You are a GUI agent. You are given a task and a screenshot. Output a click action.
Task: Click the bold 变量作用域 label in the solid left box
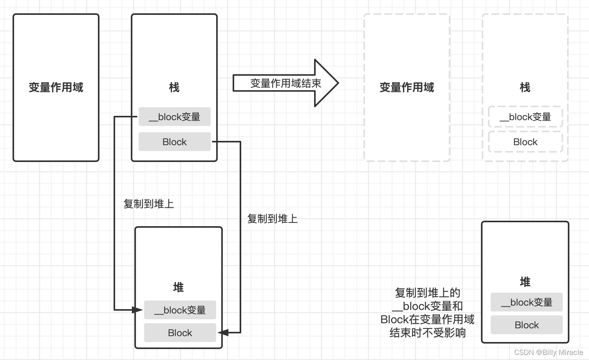click(56, 87)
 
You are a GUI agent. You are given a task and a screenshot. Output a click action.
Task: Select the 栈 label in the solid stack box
click(174, 87)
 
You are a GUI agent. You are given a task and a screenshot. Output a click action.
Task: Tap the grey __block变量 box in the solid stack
click(175, 117)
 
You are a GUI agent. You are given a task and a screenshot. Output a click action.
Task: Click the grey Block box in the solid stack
click(175, 142)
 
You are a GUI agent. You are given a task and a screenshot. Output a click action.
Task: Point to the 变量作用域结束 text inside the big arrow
click(285, 83)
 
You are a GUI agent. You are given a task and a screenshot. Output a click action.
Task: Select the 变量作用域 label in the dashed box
click(407, 87)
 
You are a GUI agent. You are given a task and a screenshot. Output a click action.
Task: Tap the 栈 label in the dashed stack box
click(525, 87)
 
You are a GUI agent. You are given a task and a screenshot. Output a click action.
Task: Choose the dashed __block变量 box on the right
click(526, 117)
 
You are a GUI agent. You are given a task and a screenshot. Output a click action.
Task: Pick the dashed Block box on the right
click(526, 142)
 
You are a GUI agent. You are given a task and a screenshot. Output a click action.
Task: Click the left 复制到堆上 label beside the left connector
click(149, 204)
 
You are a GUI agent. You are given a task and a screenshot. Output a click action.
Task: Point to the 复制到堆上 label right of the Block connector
click(273, 219)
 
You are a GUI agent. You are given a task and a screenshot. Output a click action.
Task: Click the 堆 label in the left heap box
click(179, 288)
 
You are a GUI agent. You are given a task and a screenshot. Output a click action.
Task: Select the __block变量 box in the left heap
click(180, 310)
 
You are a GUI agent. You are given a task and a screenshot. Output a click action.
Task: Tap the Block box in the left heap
click(180, 333)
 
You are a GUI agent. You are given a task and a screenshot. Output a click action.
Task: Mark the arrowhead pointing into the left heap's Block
click(222, 333)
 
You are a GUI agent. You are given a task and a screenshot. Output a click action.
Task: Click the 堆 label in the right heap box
click(525, 282)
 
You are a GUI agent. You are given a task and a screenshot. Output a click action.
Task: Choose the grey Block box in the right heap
click(527, 325)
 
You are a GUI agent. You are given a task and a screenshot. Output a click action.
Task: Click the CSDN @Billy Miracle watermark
click(548, 352)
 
